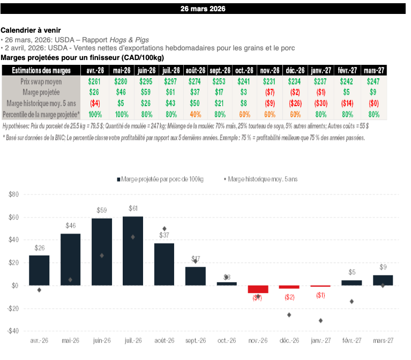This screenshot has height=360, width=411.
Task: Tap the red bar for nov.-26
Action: coord(258,289)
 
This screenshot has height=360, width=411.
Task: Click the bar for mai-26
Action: coord(70,259)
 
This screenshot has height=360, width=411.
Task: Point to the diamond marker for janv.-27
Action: coord(320,320)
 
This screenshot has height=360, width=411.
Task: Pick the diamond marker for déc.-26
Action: coord(289,314)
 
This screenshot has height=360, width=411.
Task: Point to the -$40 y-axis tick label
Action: coord(13,331)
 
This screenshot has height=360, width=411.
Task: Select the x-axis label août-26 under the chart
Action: coord(165,341)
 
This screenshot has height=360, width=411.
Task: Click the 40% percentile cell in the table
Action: coord(195,114)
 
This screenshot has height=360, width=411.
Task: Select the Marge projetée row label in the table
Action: coord(41,92)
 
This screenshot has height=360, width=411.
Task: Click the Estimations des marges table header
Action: coord(41,70)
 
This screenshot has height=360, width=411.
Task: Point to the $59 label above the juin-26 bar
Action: coord(101,210)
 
